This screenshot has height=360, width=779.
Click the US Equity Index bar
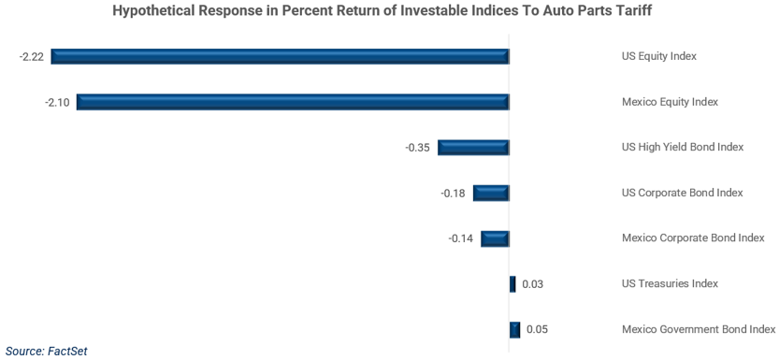(280, 56)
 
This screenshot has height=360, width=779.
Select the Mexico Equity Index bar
(293, 102)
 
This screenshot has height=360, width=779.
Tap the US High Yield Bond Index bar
(473, 147)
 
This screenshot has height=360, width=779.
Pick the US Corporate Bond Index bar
(491, 193)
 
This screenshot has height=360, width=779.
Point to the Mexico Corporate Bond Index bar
(495, 238)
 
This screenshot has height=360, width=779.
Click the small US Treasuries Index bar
(512, 283)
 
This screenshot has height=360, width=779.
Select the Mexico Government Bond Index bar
(514, 329)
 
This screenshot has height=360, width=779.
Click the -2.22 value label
(32, 56)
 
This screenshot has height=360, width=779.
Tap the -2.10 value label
(57, 102)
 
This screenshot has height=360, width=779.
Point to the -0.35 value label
(417, 148)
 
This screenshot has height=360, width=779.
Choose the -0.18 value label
(454, 193)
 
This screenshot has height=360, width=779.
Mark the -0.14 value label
(461, 238)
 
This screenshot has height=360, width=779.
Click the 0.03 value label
(533, 284)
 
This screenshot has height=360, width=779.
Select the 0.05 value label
(537, 329)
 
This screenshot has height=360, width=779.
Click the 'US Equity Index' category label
(658, 56)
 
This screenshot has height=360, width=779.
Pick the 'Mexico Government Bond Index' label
(698, 329)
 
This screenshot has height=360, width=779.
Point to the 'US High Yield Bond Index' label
(682, 148)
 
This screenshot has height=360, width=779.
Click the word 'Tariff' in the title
(644, 12)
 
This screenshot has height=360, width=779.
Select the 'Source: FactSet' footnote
(52, 351)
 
